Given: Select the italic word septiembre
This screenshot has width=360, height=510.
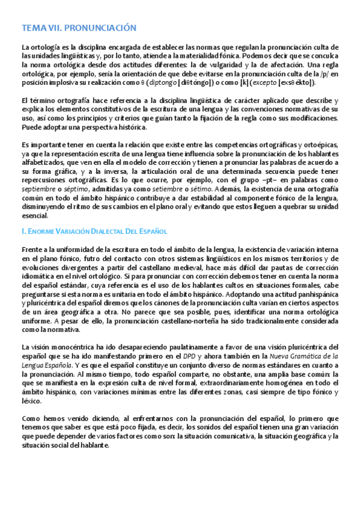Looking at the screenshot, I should pyautogui.click(x=40, y=189).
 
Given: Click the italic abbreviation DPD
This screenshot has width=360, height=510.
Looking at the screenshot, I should pyautogui.click(x=190, y=356).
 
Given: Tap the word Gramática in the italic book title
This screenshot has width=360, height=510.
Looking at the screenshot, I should pyautogui.click(x=310, y=356).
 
